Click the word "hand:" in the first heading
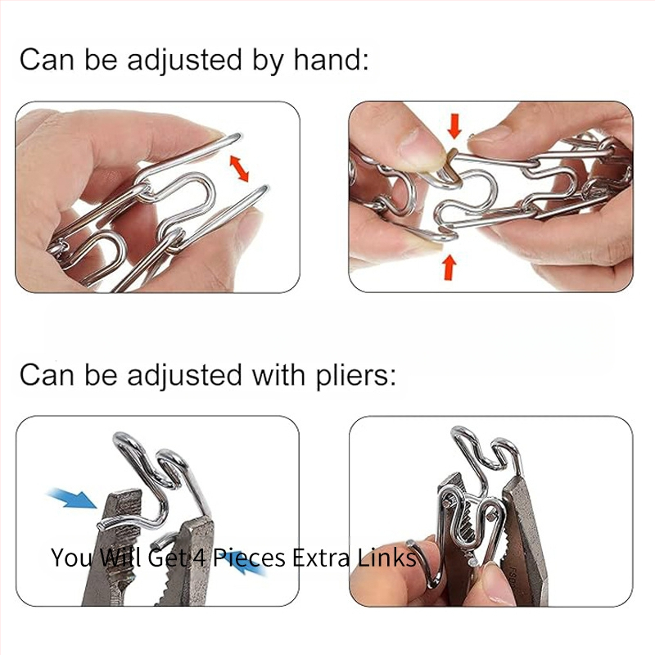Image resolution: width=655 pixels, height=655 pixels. point(332,59)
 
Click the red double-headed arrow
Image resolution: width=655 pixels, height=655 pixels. point(239,168)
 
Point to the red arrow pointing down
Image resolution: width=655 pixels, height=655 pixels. point(454,126)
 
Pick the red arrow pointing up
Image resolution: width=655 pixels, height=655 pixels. point(449,268)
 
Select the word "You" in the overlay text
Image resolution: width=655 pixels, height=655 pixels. point(70,558)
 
